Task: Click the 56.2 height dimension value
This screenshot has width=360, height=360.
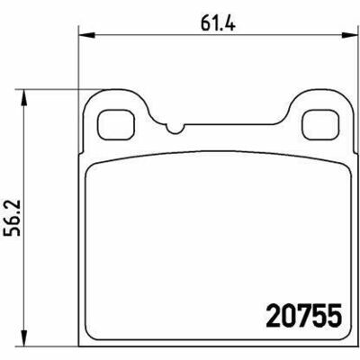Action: (x=12, y=218)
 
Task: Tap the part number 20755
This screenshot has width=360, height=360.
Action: (x=304, y=316)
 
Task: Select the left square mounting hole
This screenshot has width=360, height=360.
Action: (x=116, y=124)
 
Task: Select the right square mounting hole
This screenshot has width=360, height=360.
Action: (x=320, y=124)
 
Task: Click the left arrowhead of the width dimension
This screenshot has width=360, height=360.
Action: (x=86, y=35)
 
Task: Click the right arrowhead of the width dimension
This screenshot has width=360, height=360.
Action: (x=349, y=35)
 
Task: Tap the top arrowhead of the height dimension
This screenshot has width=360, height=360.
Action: (x=24, y=98)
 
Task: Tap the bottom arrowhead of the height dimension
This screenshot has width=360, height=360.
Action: (x=24, y=338)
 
